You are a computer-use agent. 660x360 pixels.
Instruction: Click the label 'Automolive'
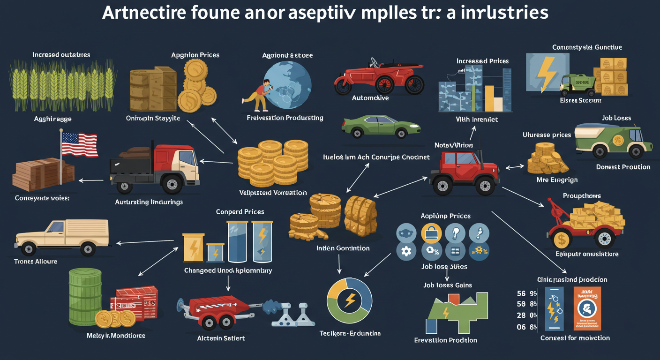(370, 98)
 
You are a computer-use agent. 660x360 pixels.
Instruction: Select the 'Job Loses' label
(616, 118)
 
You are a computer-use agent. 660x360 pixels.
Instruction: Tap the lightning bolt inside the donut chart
(349, 300)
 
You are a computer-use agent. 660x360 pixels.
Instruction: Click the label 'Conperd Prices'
(240, 212)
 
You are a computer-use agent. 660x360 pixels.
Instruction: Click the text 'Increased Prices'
(482, 61)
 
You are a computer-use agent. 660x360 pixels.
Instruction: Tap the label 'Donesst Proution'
(623, 167)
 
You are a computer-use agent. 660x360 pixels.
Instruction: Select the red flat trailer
(216, 310)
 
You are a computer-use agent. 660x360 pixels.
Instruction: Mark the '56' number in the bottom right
(521, 293)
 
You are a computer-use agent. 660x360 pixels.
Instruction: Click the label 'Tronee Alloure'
(36, 261)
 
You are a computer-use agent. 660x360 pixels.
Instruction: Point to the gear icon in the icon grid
(406, 251)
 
